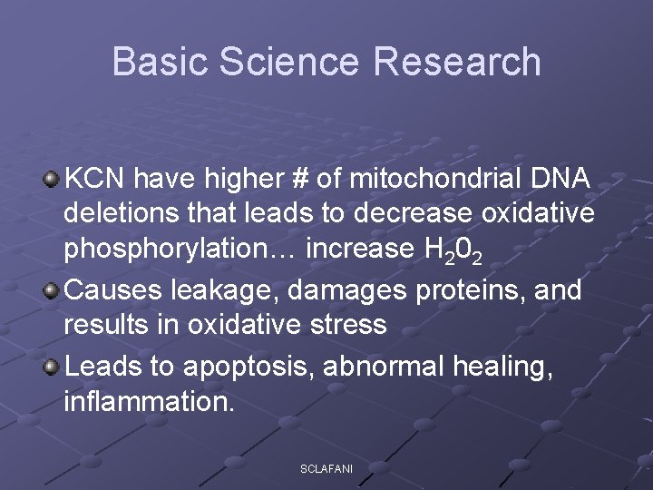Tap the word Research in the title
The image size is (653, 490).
pyautogui.click(x=455, y=62)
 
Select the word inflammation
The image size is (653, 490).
pyautogui.click(x=149, y=400)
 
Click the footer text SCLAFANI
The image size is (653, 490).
pyautogui.click(x=326, y=468)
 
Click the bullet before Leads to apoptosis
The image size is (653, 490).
pyautogui.click(x=52, y=365)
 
